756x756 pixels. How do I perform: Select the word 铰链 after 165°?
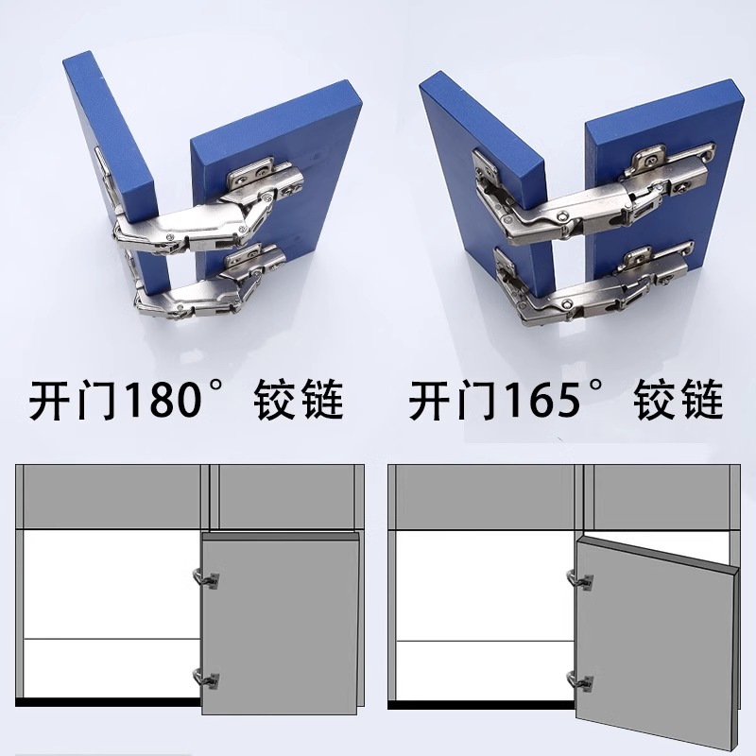click(679, 402)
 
